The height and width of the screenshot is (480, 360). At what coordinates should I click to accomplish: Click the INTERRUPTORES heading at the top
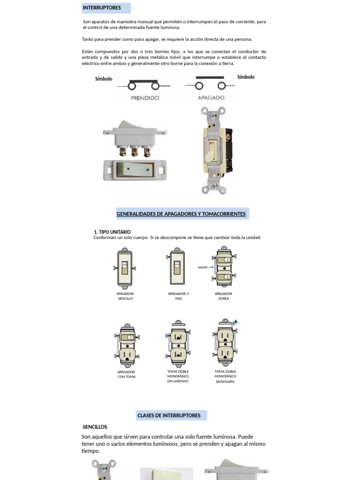point(102,8)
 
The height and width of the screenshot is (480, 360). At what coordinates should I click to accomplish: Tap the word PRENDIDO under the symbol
point(145,98)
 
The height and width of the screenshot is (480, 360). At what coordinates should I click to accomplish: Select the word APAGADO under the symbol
point(211,98)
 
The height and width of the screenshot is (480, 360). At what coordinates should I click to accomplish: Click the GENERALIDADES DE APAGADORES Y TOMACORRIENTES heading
point(181,214)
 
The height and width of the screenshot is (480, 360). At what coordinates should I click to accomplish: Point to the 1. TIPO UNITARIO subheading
point(112,232)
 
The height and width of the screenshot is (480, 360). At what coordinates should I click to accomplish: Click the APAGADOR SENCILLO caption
point(125,296)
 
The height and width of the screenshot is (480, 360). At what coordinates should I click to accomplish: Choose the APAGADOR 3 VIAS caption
point(178,296)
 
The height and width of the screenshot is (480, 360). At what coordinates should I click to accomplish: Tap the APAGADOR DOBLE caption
point(224,296)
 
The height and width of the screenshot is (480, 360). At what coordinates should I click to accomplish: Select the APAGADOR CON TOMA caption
point(126,374)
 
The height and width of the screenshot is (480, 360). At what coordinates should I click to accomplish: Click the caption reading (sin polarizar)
point(178,381)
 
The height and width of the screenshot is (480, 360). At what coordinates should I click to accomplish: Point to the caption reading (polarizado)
point(225,381)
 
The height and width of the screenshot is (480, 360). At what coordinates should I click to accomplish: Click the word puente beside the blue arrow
point(202,267)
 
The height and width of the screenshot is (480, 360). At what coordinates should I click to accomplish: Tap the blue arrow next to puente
point(211,267)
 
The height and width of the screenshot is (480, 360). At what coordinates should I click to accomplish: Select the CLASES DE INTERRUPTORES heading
point(169,415)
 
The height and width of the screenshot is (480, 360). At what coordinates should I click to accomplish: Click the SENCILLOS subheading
point(95,427)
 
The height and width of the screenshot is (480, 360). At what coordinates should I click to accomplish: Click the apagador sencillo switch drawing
point(125,268)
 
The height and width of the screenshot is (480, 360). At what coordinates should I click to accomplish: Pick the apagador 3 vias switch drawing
point(177,268)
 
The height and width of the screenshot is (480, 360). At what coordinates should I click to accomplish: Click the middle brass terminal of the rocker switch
point(135,151)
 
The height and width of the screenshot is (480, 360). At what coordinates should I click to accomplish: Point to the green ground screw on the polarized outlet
point(235,322)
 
